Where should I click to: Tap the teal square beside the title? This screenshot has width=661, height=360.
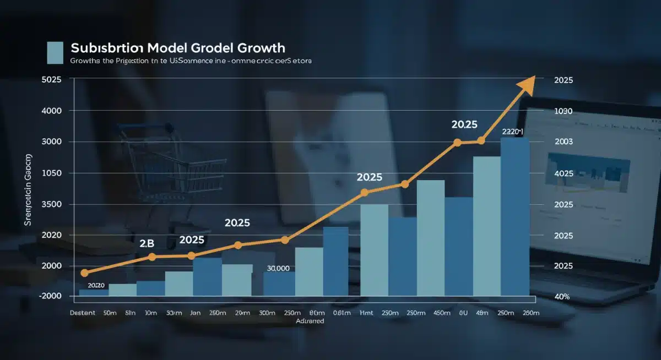pos(56,52)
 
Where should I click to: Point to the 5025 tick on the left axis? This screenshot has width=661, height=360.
pos(51,80)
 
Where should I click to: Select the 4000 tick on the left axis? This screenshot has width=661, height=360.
pos(51,111)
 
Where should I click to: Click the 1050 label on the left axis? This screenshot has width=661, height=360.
pos(51,173)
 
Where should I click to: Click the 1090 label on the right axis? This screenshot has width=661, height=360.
pos(564,111)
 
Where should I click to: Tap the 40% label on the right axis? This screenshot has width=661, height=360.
pos(562,297)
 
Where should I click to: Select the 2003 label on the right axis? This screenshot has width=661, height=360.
pos(564,141)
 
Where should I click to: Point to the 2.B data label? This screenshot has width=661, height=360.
pos(147,243)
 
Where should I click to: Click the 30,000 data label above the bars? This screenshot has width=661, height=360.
pos(278,268)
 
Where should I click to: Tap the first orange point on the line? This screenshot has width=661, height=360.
pos(84,272)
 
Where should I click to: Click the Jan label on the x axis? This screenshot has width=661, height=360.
pos(195,312)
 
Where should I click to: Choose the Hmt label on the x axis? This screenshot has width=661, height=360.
pos(366,312)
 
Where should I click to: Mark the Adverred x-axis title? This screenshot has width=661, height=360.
pos(310,321)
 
